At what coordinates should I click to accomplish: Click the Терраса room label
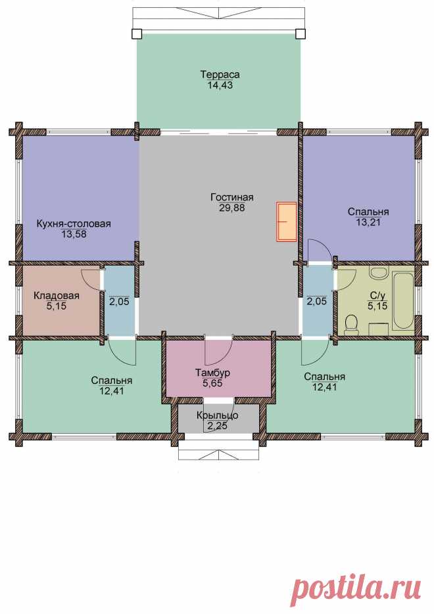220,74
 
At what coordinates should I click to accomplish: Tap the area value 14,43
220,85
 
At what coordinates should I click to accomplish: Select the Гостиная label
232,197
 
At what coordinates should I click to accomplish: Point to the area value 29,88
232,208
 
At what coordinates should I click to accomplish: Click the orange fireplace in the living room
286,222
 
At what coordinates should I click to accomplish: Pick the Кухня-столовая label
74,224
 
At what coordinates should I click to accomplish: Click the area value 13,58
74,234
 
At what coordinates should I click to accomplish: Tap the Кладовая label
57,296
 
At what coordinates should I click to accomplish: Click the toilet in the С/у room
351,325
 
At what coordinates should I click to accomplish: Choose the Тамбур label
212,372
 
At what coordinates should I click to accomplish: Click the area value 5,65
212,383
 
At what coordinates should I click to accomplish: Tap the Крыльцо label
218,415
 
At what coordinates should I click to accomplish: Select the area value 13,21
368,222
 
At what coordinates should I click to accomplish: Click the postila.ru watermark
356,586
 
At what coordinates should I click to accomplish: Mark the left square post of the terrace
136,34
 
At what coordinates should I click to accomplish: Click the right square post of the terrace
301,34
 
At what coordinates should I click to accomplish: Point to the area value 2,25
218,426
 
